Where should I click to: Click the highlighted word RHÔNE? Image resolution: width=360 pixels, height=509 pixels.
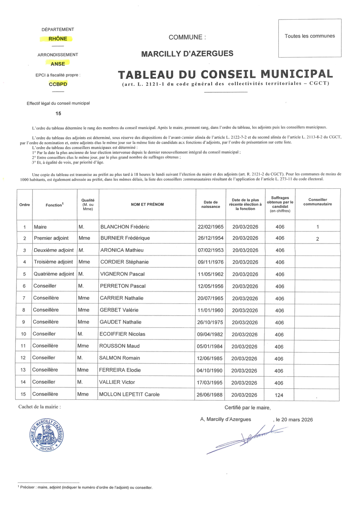pyautogui.click(x=58, y=39)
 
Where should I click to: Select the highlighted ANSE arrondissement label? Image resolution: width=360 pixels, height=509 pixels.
pyautogui.click(x=58, y=64)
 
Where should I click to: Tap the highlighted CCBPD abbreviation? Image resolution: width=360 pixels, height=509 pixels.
pyautogui.click(x=58, y=84)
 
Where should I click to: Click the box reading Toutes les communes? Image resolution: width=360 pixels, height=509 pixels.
pyautogui.click(x=310, y=38)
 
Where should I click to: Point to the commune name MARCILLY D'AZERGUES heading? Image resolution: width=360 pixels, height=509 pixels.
pyautogui.click(x=187, y=54)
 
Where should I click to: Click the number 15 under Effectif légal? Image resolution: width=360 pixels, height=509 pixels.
pyautogui.click(x=58, y=114)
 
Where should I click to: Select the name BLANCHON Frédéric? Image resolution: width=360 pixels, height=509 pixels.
pyautogui.click(x=124, y=227)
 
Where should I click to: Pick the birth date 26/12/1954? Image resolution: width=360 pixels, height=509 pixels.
pyautogui.click(x=211, y=238)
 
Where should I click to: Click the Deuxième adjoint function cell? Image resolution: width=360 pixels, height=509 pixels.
pyautogui.click(x=54, y=250)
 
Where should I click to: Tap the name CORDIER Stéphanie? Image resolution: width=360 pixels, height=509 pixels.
pyautogui.click(x=124, y=262)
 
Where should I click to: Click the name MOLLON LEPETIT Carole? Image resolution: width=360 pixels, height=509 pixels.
pyautogui.click(x=130, y=394)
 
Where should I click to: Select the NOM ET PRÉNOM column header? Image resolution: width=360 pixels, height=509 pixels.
pyautogui.click(x=147, y=204)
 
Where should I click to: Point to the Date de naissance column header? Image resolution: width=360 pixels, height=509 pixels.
pyautogui.click(x=211, y=204)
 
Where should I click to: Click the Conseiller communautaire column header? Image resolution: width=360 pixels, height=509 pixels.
pyautogui.click(x=318, y=202)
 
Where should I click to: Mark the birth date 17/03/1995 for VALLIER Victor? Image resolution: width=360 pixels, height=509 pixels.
pyautogui.click(x=211, y=382)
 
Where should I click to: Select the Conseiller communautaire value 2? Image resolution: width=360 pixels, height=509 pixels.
pyautogui.click(x=318, y=238)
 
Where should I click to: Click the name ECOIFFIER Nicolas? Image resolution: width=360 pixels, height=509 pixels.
pyautogui.click(x=122, y=334)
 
